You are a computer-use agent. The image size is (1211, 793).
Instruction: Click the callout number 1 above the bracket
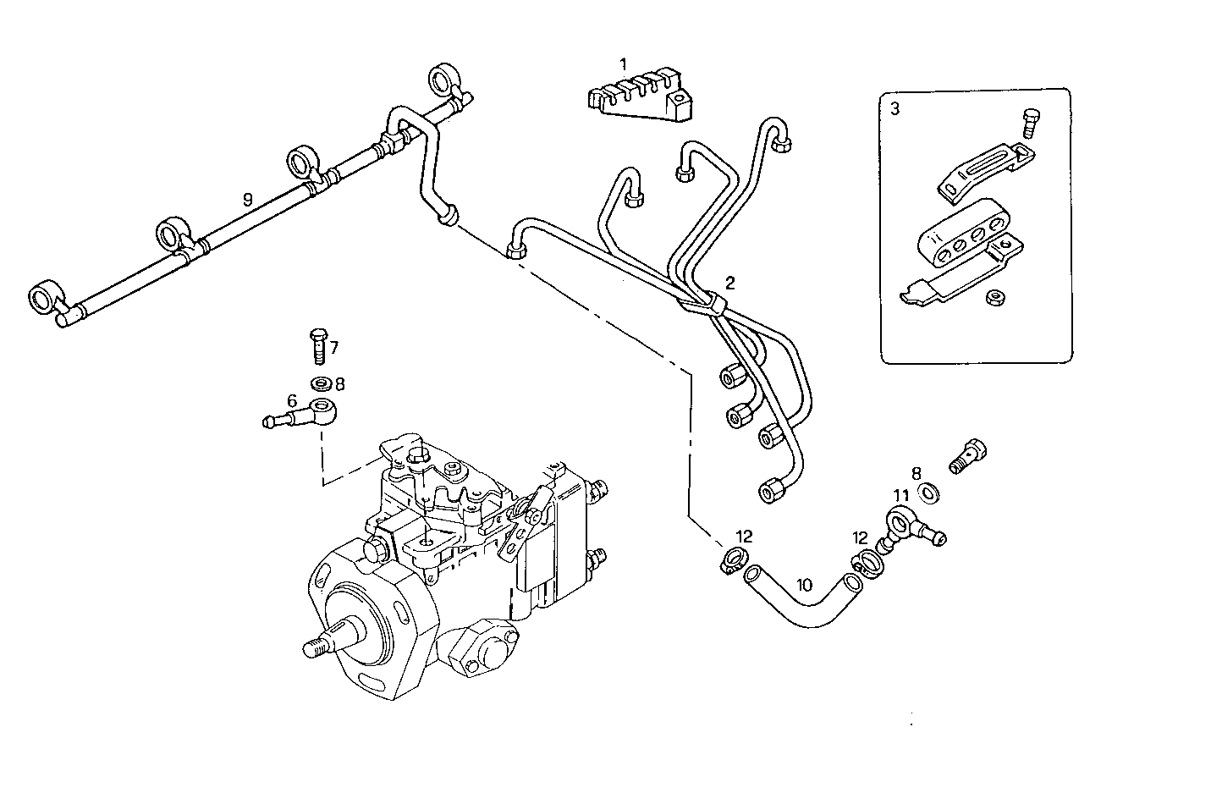point(623,63)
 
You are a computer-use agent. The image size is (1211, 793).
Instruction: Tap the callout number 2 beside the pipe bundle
point(729,282)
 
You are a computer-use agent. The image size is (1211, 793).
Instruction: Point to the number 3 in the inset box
point(894,107)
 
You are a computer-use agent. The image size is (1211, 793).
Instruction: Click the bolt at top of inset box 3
point(1030,124)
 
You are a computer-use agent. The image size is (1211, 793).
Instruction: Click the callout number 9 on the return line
point(247,200)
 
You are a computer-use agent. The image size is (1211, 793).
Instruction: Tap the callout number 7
point(333,347)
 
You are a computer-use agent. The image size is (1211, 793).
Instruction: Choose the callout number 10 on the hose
point(804,584)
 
